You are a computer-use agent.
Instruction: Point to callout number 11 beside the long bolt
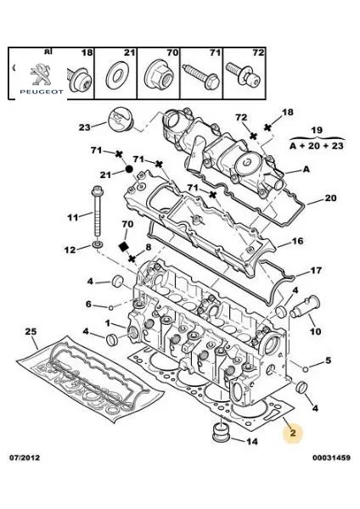point(73,219)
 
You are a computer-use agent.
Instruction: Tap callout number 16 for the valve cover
point(298,241)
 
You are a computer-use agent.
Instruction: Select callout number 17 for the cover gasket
point(316,271)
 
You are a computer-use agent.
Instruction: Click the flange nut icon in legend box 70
point(158,76)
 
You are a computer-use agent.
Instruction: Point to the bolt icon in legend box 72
point(245,76)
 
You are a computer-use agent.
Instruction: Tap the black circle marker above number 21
point(128,169)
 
